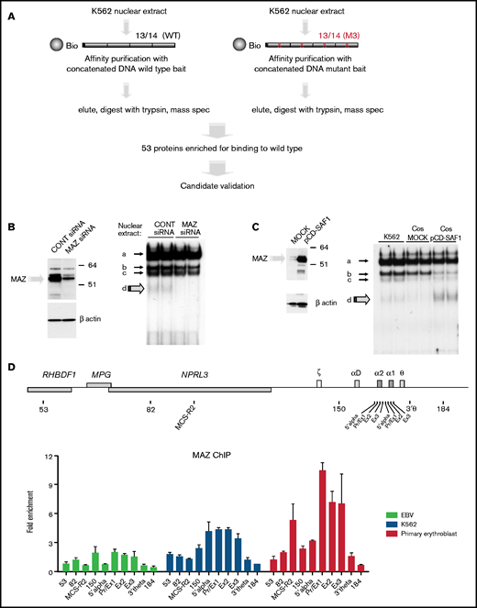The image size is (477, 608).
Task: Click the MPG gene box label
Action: coord(97,374)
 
